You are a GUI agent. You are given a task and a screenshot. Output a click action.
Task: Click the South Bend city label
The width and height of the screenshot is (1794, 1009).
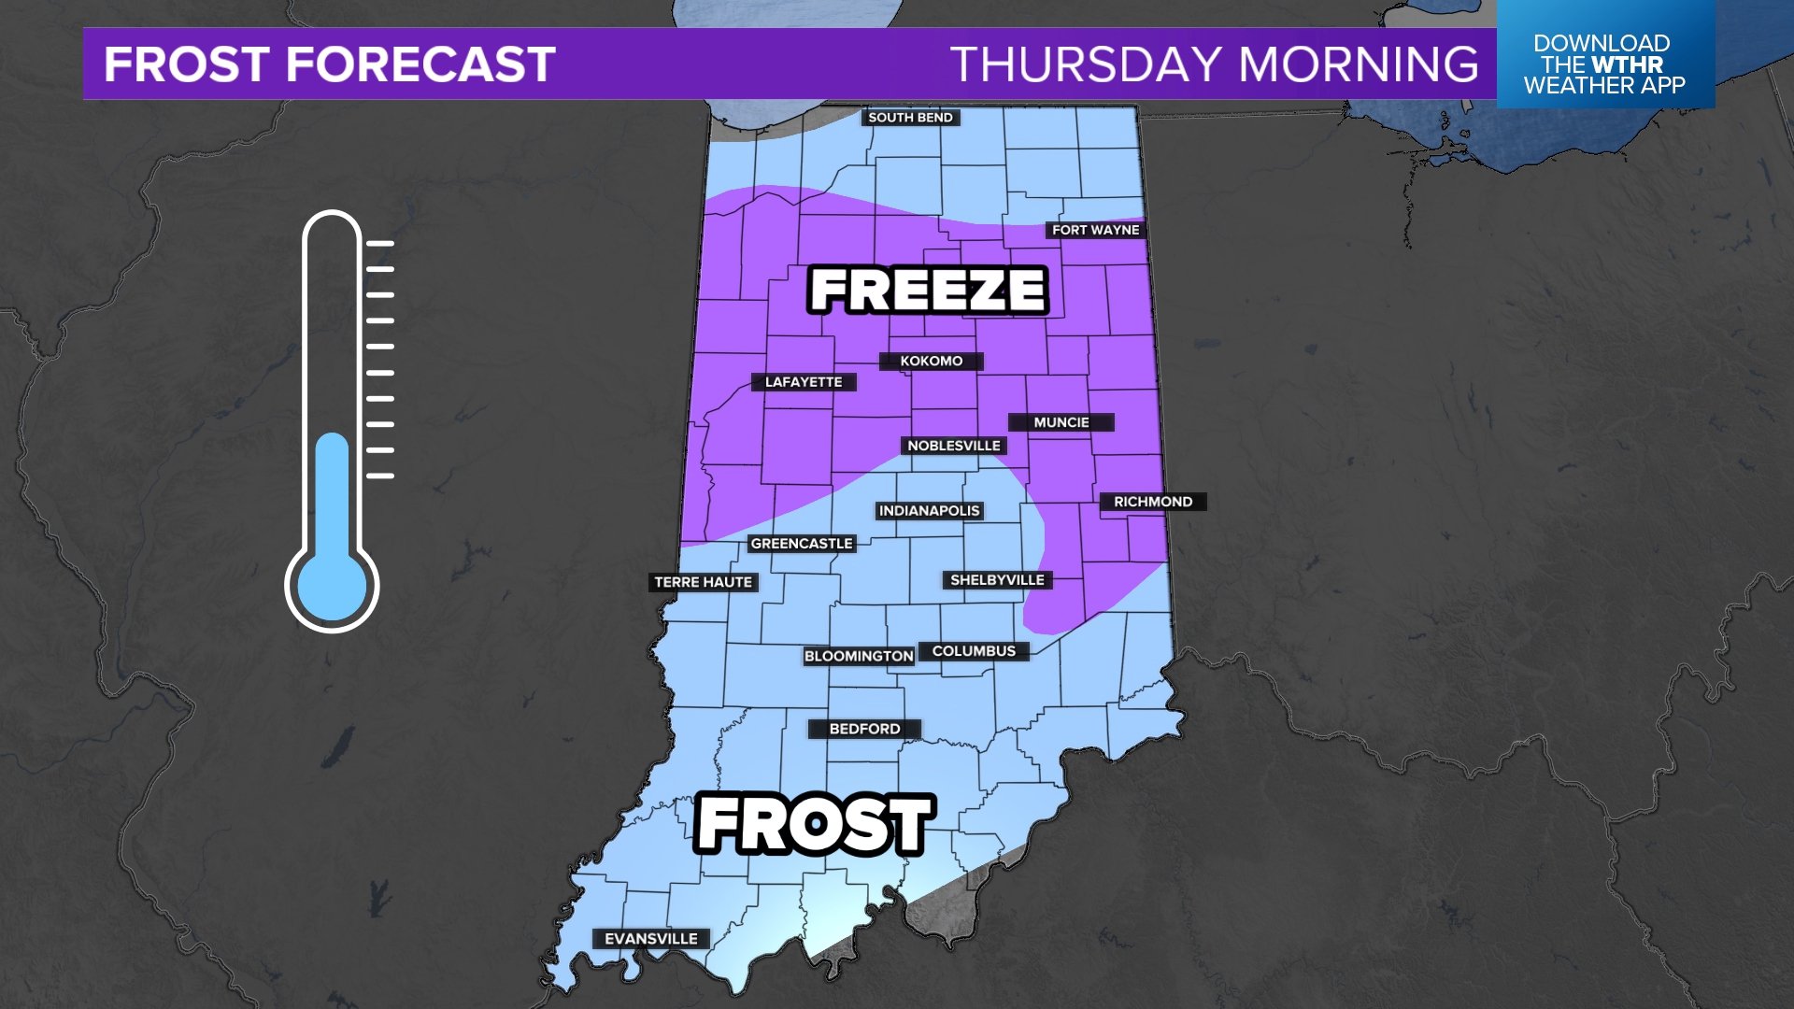tap(910, 118)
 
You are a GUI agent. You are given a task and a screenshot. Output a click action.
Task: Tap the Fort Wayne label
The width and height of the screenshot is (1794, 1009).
tap(1095, 230)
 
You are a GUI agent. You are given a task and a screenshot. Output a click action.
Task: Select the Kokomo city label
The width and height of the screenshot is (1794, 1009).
tap(931, 362)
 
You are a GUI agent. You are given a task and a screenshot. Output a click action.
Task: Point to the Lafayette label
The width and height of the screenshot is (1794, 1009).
tap(804, 382)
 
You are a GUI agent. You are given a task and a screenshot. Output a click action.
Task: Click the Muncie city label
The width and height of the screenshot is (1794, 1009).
tap(1061, 423)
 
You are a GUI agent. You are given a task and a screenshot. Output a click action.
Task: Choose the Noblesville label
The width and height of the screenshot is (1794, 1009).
tap(954, 447)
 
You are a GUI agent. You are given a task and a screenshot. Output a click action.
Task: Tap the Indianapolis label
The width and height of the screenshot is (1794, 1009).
tap(929, 511)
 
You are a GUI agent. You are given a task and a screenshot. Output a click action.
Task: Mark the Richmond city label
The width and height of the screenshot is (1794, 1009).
tap(1153, 502)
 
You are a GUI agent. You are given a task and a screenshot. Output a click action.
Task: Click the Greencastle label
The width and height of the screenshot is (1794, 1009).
tap(802, 544)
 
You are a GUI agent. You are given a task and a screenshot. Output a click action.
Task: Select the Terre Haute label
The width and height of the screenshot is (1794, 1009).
tap(703, 582)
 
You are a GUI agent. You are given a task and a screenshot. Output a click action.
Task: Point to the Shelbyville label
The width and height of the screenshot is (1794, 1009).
tap(997, 580)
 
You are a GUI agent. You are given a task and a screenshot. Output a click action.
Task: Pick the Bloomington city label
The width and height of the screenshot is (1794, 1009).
tap(859, 657)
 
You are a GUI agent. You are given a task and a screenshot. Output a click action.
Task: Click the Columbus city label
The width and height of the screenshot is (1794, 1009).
tap(974, 651)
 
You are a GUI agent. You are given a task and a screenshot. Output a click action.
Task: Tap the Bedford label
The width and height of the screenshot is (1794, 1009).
tap(864, 729)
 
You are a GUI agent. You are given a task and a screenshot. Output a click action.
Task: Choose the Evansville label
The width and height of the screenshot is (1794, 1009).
tap(651, 939)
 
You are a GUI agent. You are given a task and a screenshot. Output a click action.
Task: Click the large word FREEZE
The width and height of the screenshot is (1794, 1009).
tap(928, 290)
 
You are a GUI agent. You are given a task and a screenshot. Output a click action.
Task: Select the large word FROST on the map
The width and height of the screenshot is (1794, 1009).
tap(815, 824)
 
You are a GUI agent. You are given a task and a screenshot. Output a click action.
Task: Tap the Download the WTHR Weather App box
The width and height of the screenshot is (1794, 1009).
tap(1604, 64)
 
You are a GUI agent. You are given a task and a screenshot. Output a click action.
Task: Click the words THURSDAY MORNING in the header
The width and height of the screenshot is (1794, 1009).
tap(1214, 64)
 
